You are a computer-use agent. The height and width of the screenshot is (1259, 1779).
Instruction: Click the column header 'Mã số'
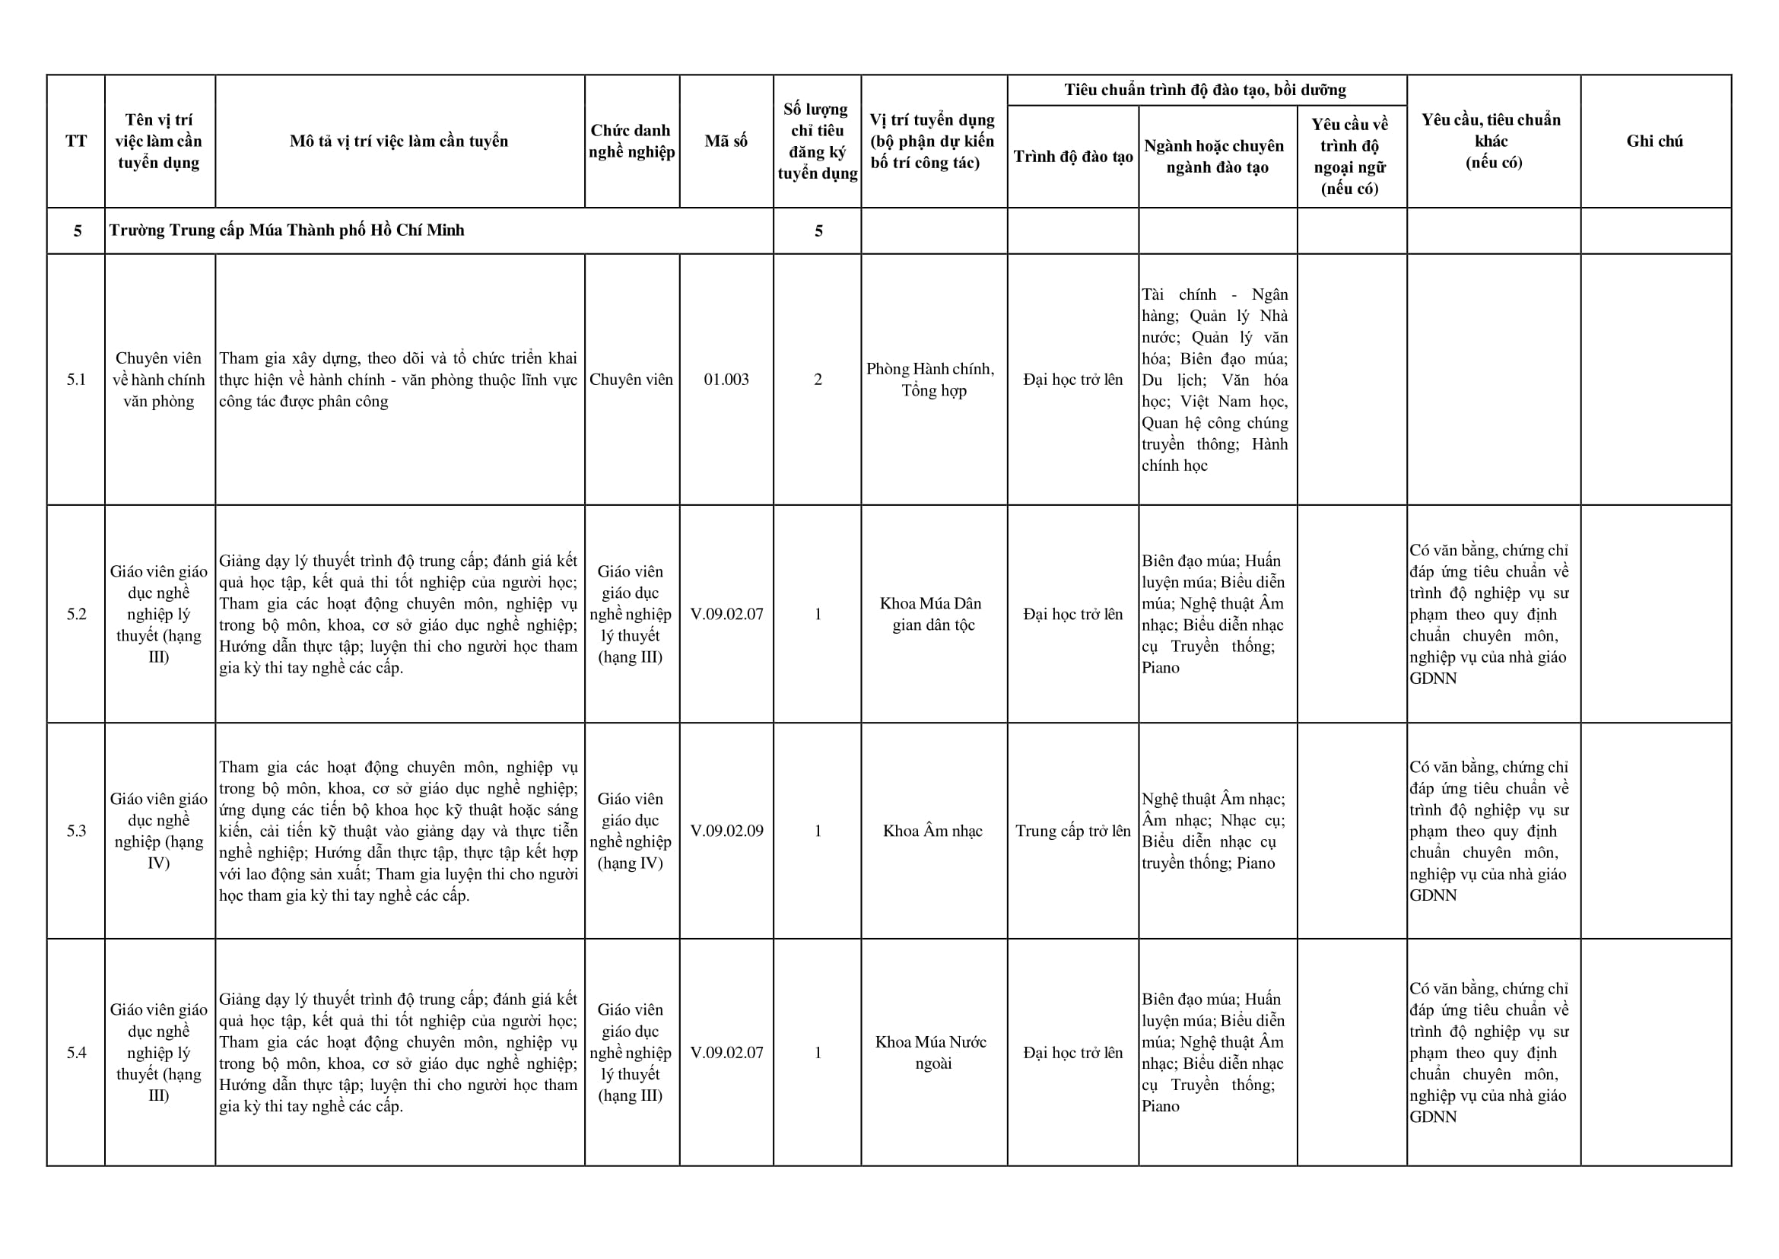pyautogui.click(x=726, y=141)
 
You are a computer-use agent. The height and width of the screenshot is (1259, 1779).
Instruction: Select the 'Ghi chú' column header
pyautogui.click(x=1654, y=141)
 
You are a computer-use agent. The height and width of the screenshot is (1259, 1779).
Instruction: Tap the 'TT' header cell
pyautogui.click(x=76, y=141)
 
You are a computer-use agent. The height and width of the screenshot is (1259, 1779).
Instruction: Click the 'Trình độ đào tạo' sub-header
pyautogui.click(x=1073, y=157)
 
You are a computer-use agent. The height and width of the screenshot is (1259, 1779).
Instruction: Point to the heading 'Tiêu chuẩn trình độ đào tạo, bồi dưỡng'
pyautogui.click(x=1206, y=90)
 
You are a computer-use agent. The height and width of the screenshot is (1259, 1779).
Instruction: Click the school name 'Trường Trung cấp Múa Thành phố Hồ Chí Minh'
pyautogui.click(x=287, y=230)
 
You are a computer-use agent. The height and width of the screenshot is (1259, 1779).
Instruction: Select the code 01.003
pyautogui.click(x=726, y=379)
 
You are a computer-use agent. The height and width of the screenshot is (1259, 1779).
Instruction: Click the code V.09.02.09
pyautogui.click(x=726, y=831)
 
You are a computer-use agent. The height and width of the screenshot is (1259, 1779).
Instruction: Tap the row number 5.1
pyautogui.click(x=76, y=379)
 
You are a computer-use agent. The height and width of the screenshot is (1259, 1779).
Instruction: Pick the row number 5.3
pyautogui.click(x=76, y=831)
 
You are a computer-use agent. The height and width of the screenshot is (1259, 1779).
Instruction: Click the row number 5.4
pyautogui.click(x=76, y=1053)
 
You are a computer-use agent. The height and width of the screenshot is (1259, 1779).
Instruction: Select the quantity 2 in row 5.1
pyautogui.click(x=817, y=379)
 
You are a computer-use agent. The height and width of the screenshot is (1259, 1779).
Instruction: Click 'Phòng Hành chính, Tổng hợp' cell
pyautogui.click(x=932, y=379)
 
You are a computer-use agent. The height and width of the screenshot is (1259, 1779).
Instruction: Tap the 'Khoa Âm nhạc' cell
pyautogui.click(x=932, y=831)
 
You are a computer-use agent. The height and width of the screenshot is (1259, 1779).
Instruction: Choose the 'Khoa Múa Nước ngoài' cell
pyautogui.click(x=932, y=1053)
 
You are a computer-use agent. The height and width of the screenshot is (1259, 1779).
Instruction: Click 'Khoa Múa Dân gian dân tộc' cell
pyautogui.click(x=932, y=614)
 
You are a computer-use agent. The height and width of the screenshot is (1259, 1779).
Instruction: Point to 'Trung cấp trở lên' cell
pyautogui.click(x=1073, y=831)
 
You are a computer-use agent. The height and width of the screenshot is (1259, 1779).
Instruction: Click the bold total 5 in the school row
pyautogui.click(x=818, y=231)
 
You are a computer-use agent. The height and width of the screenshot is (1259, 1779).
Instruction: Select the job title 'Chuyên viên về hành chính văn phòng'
pyautogui.click(x=159, y=379)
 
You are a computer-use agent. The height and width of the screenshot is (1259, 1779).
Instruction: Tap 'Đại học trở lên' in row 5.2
pyautogui.click(x=1073, y=614)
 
